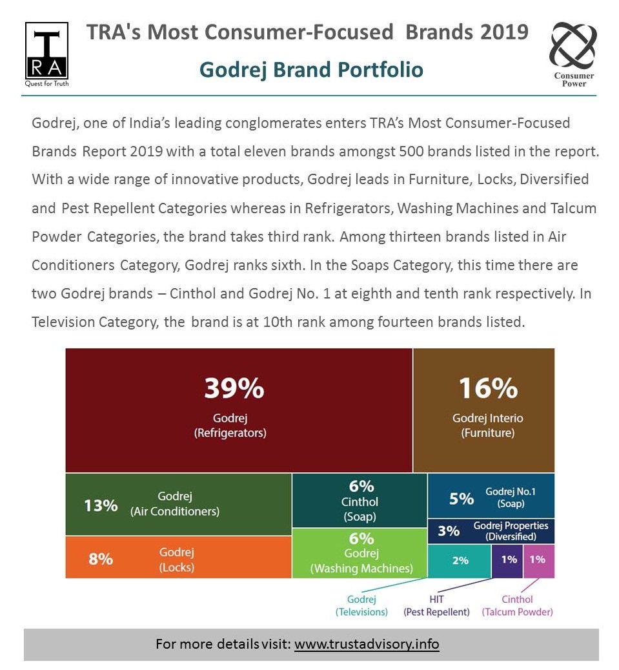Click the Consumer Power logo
tap(573, 53)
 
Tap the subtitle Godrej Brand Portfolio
tap(311, 69)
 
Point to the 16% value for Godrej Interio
tap(488, 388)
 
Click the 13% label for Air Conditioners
tap(101, 505)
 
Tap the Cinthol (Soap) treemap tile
tap(360, 500)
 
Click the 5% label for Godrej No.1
tap(462, 498)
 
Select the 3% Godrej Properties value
tap(449, 530)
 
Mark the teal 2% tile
tap(460, 560)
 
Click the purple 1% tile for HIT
tap(509, 560)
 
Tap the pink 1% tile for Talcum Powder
tap(538, 560)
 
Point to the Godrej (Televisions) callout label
tap(361, 605)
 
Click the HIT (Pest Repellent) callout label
tap(436, 605)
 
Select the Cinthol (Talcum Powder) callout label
tap(517, 605)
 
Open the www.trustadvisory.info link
tap(367, 644)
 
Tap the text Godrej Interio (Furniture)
tap(487, 425)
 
